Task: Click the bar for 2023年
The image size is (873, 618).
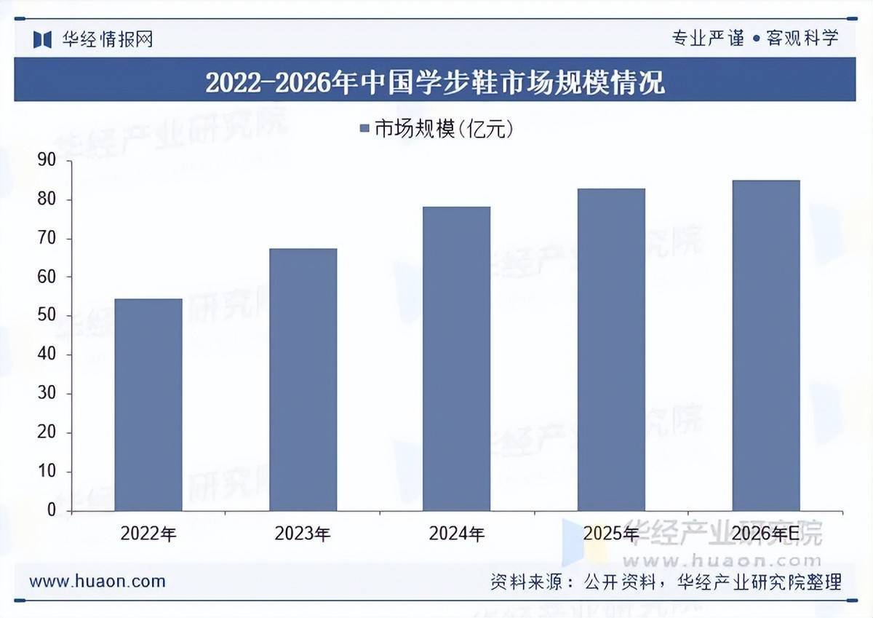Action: click(303, 379)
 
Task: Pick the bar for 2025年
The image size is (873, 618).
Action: click(611, 349)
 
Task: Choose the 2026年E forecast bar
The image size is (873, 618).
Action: click(765, 345)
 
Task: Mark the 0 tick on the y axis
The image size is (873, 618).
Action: click(51, 511)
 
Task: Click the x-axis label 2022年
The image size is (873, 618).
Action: click(148, 534)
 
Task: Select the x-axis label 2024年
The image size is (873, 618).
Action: click(456, 534)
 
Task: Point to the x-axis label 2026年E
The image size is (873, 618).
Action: click(765, 534)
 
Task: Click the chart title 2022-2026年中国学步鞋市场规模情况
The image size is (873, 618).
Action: click(435, 82)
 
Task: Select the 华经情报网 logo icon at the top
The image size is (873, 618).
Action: click(43, 39)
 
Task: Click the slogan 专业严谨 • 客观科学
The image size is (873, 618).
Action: click(754, 38)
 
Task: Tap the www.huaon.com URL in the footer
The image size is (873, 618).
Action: click(97, 582)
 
